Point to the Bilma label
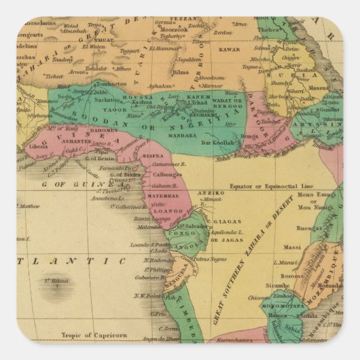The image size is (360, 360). (x=181, y=70)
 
